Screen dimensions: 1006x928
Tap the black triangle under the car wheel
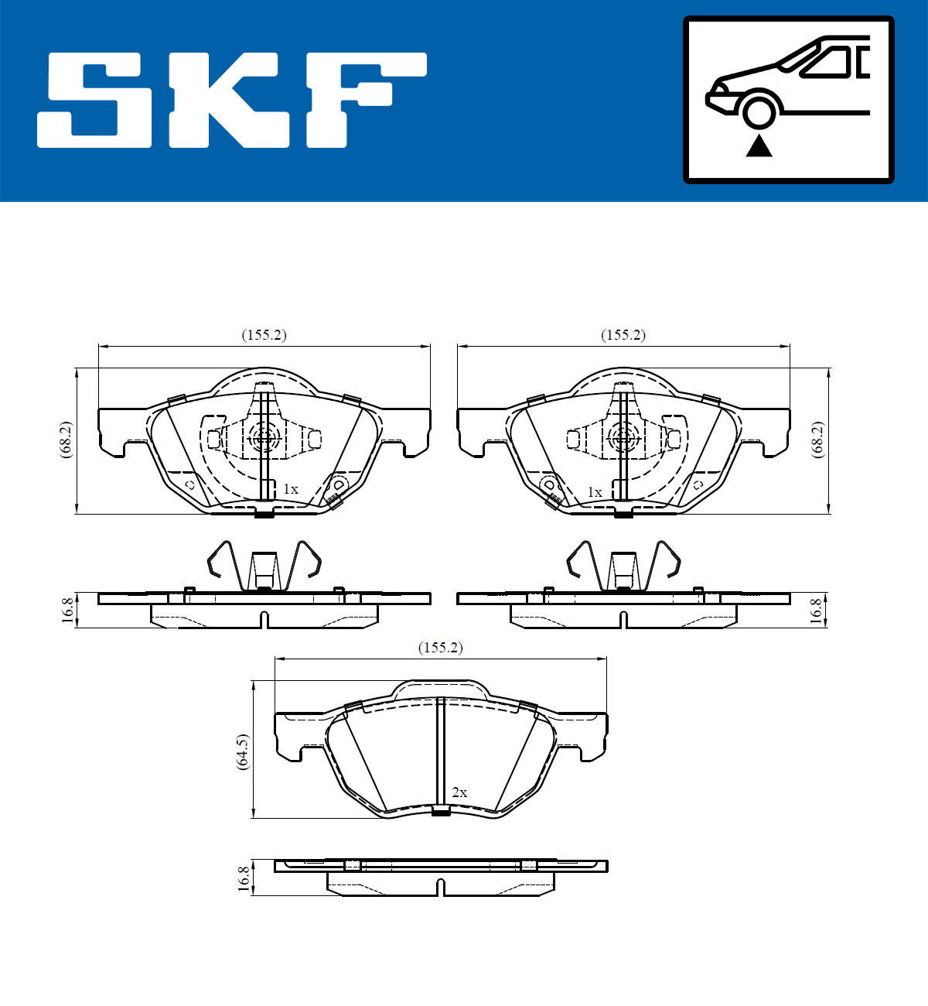click(759, 145)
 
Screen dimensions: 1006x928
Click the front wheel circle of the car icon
click(759, 109)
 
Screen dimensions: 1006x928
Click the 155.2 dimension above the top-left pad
click(264, 335)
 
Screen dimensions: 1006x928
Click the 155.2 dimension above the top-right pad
click(623, 335)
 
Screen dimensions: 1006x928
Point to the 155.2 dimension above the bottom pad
click(440, 648)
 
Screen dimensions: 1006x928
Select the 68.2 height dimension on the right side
click(817, 440)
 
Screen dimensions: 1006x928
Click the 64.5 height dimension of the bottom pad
click(243, 750)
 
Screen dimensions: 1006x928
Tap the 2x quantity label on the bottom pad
click(459, 792)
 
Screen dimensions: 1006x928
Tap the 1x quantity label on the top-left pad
click(290, 489)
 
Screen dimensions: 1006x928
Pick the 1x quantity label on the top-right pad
click(594, 492)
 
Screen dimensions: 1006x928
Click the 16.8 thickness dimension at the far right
click(815, 611)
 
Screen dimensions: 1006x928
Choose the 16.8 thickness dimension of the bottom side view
click(244, 878)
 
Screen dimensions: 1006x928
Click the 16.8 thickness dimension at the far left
click(67, 611)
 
